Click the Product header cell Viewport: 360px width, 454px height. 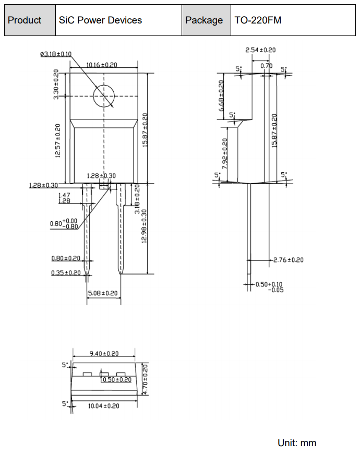30,20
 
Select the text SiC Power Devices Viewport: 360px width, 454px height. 100,20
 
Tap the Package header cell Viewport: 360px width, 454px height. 206,20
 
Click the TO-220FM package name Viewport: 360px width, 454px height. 258,20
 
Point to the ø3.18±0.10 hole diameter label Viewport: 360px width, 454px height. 56,54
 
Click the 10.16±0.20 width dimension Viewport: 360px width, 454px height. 102,65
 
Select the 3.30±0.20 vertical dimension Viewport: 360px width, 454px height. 56,84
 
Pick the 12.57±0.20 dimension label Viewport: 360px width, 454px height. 58,141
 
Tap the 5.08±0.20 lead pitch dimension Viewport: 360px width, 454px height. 103,293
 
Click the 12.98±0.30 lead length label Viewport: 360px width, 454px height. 144,226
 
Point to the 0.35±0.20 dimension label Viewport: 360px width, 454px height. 66,273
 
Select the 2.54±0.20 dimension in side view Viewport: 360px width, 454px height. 260,50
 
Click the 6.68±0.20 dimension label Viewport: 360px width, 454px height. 221,96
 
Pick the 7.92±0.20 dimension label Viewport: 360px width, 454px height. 225,154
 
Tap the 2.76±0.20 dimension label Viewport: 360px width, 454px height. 289,260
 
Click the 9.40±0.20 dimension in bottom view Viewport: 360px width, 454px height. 104,353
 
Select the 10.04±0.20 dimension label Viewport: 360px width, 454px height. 104,406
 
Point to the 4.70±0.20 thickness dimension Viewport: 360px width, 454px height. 145,379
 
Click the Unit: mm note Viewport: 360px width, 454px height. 297,443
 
